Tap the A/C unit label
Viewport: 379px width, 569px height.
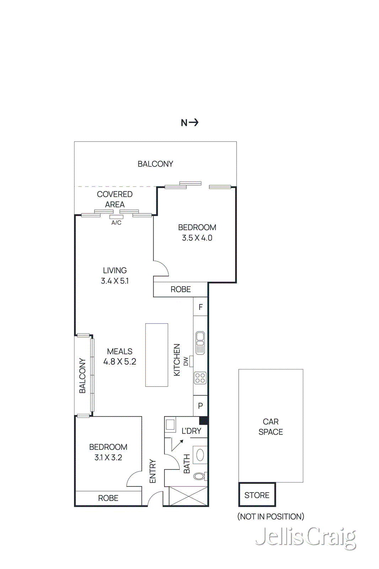(x=116, y=223)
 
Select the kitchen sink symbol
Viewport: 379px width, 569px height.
(x=200, y=343)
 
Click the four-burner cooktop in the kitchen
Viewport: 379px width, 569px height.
(x=200, y=378)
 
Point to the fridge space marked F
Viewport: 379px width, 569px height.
(x=200, y=307)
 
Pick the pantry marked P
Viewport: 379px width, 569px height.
(x=200, y=406)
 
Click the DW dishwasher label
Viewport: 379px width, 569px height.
(x=186, y=361)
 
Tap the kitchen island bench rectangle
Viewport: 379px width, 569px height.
(x=157, y=355)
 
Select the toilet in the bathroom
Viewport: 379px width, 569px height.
(x=199, y=475)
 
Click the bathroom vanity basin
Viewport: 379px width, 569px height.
(x=200, y=455)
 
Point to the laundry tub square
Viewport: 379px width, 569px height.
(x=170, y=425)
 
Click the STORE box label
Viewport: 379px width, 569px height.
(x=257, y=495)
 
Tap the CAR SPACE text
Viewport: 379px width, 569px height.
(x=271, y=427)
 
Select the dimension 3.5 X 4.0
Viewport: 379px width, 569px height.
(x=197, y=238)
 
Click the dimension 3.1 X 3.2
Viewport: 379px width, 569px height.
(x=108, y=457)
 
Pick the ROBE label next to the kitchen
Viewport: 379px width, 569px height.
(x=180, y=289)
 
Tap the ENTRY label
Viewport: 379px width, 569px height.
(x=153, y=471)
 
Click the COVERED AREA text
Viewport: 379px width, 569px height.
(x=115, y=199)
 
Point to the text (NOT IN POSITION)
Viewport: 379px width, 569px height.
(x=271, y=516)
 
